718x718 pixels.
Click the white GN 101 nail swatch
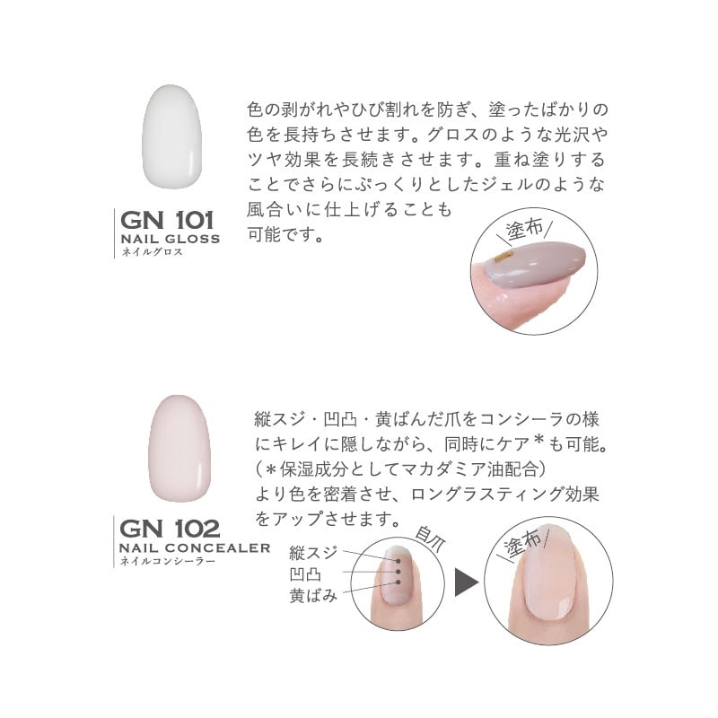click(171, 136)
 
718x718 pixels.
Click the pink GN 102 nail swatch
click(179, 448)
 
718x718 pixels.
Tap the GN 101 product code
click(167, 220)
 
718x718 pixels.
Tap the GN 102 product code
click(170, 529)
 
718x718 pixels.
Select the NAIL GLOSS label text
click(171, 239)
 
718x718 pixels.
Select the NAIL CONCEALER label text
click(195, 547)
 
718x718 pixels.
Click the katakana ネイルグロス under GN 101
click(152, 251)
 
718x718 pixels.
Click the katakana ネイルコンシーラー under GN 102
click(167, 560)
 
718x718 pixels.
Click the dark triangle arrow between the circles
click(466, 582)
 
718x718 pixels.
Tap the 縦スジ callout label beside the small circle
click(313, 553)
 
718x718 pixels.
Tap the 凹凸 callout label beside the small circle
click(305, 574)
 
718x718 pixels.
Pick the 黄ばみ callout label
click(313, 595)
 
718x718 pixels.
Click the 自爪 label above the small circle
click(430, 539)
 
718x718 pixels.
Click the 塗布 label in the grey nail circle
click(525, 229)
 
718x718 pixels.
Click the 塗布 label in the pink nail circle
click(522, 544)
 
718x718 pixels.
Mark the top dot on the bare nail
click(398, 561)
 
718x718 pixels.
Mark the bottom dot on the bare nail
click(398, 582)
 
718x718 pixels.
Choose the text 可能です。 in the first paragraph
click(285, 235)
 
